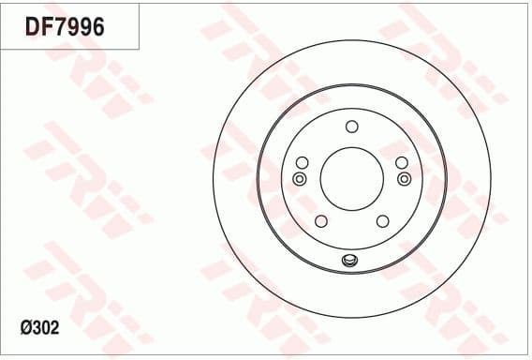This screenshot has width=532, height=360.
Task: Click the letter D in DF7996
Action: (32, 27)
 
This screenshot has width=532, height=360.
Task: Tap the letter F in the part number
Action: (46, 27)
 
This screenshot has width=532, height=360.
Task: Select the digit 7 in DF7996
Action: (59, 27)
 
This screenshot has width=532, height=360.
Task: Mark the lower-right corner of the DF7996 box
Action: (140, 49)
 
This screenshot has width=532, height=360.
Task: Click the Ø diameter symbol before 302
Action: (25, 329)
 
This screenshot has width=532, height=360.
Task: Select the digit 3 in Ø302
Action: (38, 329)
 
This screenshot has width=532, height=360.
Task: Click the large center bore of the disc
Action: (351, 179)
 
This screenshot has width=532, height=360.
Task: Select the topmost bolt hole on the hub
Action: (351, 127)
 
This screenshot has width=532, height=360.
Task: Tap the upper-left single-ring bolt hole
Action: (302, 163)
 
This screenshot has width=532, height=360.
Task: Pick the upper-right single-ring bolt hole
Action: (401, 163)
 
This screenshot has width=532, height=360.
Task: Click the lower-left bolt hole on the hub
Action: (320, 221)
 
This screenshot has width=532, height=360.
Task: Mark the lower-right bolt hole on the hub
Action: (382, 221)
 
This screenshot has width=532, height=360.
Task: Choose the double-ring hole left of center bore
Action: (300, 178)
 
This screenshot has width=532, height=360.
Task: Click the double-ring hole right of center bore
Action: (404, 178)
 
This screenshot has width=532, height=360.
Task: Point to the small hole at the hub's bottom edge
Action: (351, 261)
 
